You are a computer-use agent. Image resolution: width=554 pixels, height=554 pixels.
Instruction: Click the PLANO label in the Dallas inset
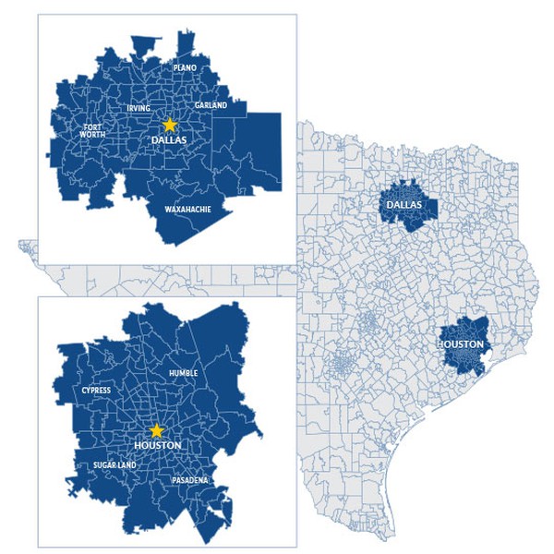click(185, 67)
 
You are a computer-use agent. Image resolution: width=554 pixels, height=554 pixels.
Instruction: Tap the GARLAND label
click(211, 106)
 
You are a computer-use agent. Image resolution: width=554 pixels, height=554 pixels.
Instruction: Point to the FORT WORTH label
click(93, 130)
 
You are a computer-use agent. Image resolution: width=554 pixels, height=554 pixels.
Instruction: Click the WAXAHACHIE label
click(187, 210)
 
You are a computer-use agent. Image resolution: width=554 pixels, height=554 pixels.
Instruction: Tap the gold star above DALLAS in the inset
click(170, 124)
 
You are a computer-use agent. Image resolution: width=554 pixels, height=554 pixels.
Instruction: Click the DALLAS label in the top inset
click(170, 140)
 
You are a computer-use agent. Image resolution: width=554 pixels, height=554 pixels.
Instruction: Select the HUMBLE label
click(184, 373)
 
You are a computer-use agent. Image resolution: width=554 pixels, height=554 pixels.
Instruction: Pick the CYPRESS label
click(96, 390)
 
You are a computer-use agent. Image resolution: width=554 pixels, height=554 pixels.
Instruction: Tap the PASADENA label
click(189, 480)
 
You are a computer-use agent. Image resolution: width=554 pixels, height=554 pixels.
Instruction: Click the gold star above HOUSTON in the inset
click(157, 430)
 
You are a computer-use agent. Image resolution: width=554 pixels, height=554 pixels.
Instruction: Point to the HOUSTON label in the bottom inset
click(157, 446)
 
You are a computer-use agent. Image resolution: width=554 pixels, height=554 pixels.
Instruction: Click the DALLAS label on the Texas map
click(404, 204)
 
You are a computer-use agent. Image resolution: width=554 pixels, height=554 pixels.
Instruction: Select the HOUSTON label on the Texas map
click(461, 345)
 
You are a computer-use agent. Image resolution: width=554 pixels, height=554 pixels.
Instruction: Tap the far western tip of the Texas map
click(20, 246)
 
